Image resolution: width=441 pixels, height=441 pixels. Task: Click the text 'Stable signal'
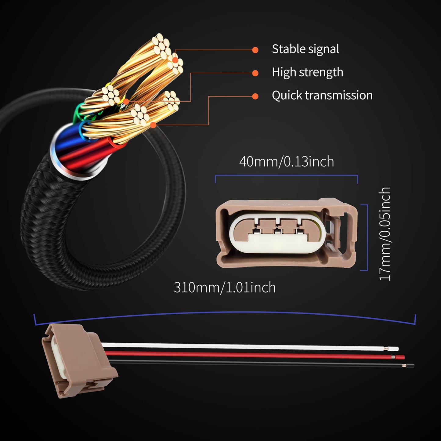[305, 49]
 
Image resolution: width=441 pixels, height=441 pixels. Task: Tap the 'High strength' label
[307, 72]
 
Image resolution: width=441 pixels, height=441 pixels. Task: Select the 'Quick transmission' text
[322, 95]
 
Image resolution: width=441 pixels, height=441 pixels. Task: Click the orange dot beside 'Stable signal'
[255, 50]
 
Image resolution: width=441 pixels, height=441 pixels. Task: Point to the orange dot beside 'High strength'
[255, 73]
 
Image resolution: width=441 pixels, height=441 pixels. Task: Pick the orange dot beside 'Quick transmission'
[255, 96]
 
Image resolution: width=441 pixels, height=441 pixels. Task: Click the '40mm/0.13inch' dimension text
[286, 161]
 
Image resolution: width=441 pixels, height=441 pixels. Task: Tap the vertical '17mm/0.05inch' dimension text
[385, 234]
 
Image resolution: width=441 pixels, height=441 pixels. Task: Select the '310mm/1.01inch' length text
[225, 287]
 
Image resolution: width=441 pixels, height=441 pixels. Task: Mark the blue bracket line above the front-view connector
[286, 175]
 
